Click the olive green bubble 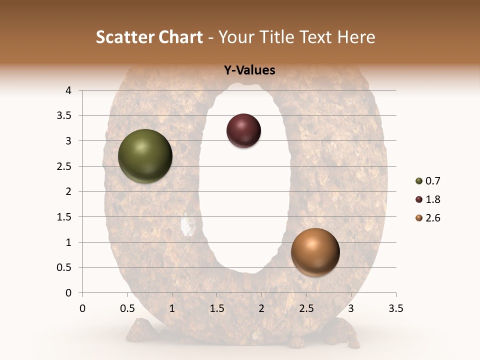(145, 156)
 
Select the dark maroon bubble (243, 130)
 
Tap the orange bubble (315, 252)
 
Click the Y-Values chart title (249, 70)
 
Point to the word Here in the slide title (355, 37)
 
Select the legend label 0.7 (432, 181)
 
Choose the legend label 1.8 (432, 199)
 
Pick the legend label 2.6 (432, 218)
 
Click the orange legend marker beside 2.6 (419, 218)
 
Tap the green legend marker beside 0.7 (419, 181)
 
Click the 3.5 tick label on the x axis (395, 308)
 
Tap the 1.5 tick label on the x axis (216, 308)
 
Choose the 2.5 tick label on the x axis (306, 308)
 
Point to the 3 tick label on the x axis (351, 308)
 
